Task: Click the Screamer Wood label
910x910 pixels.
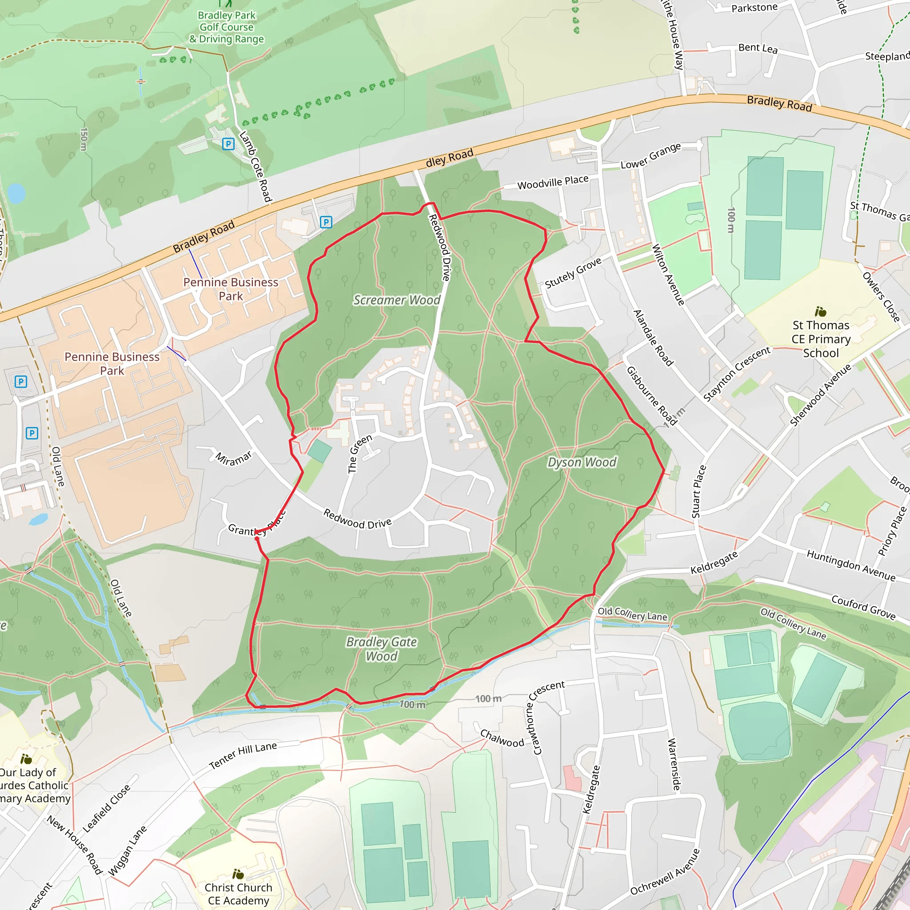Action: (397, 300)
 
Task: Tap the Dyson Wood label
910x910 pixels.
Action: (582, 462)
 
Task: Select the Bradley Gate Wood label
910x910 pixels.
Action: (382, 649)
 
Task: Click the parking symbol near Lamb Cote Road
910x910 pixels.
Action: (228, 144)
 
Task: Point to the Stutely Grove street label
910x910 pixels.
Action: (573, 273)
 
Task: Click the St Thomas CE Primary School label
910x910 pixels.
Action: (821, 339)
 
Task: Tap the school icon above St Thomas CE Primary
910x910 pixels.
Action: (821, 312)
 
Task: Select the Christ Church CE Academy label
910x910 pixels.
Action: (238, 894)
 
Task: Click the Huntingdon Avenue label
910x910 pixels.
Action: (850, 565)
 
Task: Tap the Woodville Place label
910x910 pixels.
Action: (553, 182)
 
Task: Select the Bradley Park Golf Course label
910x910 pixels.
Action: (227, 27)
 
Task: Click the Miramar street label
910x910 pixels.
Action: (234, 458)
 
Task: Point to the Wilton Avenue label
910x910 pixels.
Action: (668, 275)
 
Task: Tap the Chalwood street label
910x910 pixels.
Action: (502, 738)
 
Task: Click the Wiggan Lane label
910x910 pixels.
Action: (127, 851)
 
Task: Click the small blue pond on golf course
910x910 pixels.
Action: (16, 193)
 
